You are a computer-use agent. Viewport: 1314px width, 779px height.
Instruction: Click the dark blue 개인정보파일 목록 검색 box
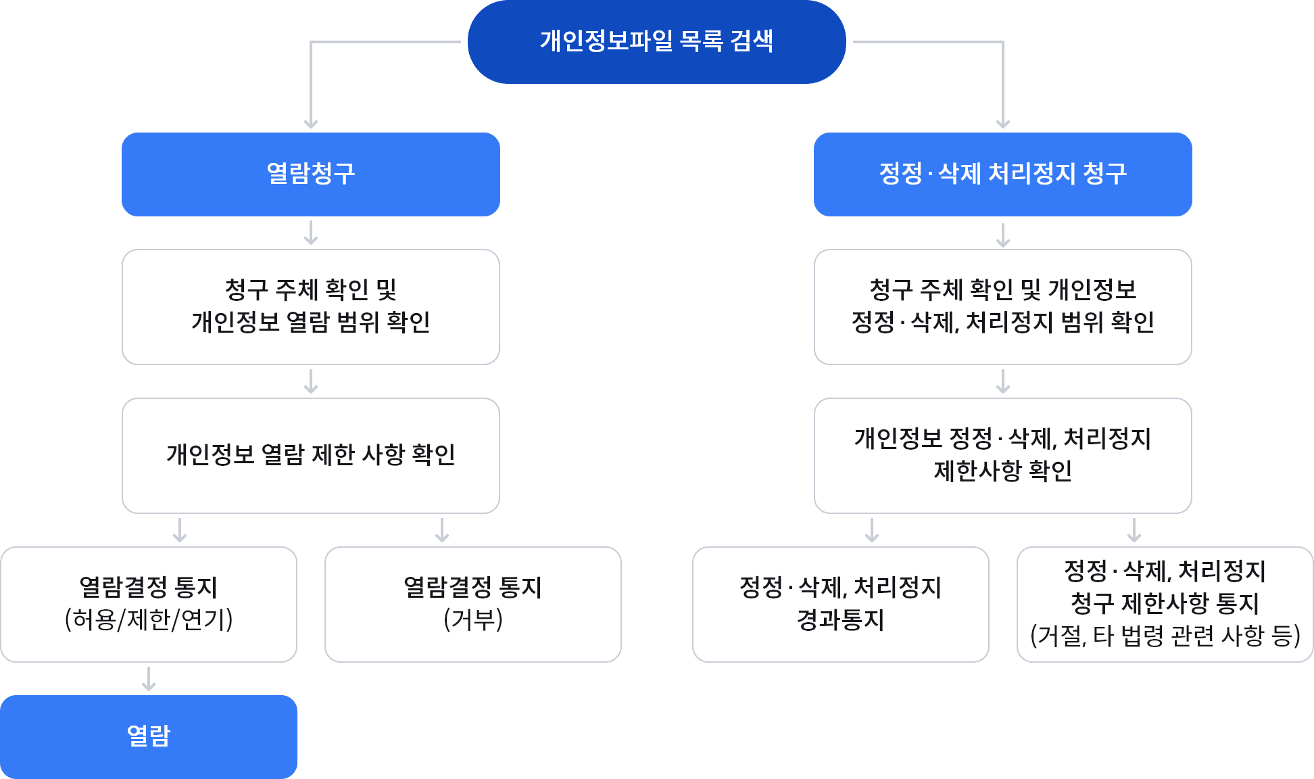(x=656, y=42)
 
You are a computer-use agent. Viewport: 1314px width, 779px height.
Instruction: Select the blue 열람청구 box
(x=310, y=174)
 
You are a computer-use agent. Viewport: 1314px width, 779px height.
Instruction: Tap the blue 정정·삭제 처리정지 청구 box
(x=1002, y=174)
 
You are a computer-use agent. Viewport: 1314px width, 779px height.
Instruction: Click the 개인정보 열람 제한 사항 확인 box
(x=310, y=455)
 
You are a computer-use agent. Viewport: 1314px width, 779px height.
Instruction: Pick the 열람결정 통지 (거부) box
(x=472, y=604)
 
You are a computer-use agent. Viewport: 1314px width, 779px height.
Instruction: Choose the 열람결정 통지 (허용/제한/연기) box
(x=149, y=604)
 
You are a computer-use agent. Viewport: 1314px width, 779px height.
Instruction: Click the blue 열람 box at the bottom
(x=149, y=736)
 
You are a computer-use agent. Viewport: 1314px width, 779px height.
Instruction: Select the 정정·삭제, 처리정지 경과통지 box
(x=840, y=604)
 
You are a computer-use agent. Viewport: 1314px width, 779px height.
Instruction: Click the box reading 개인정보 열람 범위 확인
(x=310, y=306)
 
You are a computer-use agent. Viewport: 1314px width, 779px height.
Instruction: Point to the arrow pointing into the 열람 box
(x=149, y=679)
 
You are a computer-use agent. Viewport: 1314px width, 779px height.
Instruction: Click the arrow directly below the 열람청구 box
(x=310, y=233)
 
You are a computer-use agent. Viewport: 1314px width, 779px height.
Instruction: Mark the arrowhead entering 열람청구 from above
(x=310, y=123)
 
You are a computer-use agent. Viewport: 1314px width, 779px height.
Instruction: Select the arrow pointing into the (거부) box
(x=442, y=531)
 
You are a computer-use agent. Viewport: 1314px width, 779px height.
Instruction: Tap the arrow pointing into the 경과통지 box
(x=872, y=531)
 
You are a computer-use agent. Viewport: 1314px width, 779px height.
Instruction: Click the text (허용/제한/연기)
(x=149, y=619)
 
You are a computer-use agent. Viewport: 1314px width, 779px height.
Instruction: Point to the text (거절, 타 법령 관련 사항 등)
(x=1165, y=636)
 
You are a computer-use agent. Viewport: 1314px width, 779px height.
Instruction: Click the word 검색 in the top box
(x=752, y=41)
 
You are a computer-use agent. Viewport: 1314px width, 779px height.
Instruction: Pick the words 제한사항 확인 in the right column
(x=1002, y=471)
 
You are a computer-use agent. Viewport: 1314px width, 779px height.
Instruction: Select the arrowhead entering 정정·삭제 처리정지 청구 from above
(x=1003, y=123)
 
